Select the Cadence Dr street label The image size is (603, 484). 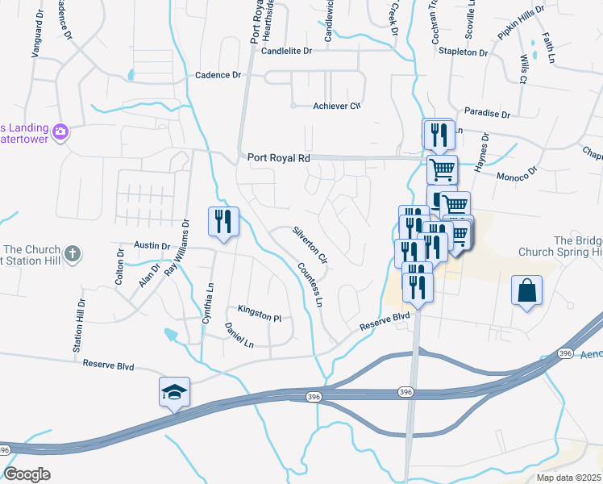click(x=218, y=75)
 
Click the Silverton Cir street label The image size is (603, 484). click(x=310, y=244)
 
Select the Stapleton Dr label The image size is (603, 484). click(x=464, y=52)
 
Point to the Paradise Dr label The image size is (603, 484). click(x=488, y=115)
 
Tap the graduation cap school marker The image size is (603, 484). click(x=174, y=392)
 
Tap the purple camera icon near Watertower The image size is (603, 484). click(x=60, y=131)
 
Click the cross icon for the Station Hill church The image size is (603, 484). click(x=73, y=255)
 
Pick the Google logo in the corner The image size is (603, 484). click(x=27, y=474)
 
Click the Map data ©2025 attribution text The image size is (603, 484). click(x=568, y=478)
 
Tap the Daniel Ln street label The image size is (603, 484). click(x=239, y=336)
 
